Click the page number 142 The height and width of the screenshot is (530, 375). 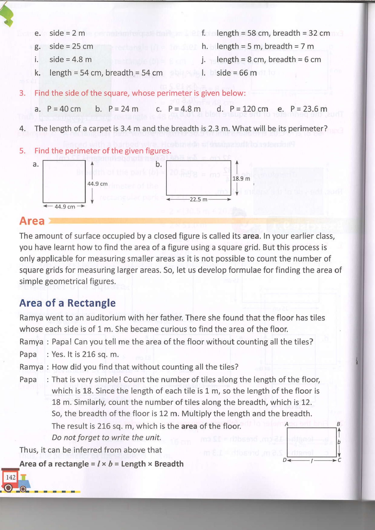[11, 477]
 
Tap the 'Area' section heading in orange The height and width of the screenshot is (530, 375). [32, 221]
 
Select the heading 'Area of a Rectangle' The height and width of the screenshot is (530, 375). [67, 303]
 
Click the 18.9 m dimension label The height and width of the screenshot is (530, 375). [241, 179]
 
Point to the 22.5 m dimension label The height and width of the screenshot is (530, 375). [198, 200]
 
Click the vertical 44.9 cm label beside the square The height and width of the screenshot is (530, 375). [98, 184]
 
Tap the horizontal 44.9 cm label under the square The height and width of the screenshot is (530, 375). [65, 207]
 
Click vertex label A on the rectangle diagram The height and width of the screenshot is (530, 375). [286, 424]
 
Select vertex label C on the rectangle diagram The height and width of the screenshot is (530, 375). [339, 460]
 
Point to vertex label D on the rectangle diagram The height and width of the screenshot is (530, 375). [285, 460]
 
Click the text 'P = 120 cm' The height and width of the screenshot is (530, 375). [249, 109]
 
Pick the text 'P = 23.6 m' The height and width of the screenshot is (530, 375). [308, 109]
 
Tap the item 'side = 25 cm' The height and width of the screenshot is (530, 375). [71, 47]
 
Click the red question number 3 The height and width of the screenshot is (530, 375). [22, 93]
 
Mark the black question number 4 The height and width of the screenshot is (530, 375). [22, 129]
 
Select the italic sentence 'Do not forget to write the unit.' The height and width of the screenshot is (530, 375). [106, 438]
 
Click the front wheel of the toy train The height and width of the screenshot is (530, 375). [8, 488]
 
